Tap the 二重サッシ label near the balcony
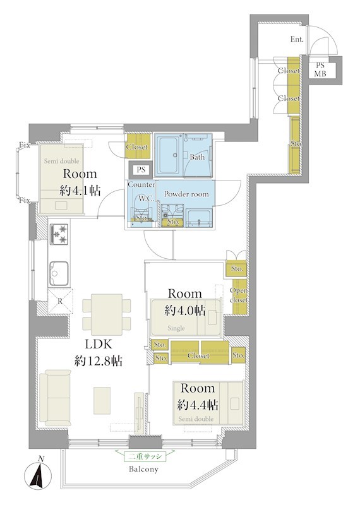[x=145, y=456]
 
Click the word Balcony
[x=143, y=469]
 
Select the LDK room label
[x=99, y=344]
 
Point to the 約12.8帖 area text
[x=99, y=361]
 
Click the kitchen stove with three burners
[x=59, y=234]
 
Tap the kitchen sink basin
[x=59, y=273]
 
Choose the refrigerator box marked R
[x=60, y=301]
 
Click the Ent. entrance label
[x=297, y=39]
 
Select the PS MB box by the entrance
[x=321, y=70]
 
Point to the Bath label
[x=197, y=157]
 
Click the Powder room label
[x=186, y=194]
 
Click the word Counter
[x=141, y=184]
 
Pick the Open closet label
[x=239, y=295]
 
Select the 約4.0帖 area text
[x=185, y=311]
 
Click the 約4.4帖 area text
[x=198, y=405]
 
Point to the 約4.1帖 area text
[x=80, y=191]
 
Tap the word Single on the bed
[x=176, y=328]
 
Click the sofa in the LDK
[x=56, y=398]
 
